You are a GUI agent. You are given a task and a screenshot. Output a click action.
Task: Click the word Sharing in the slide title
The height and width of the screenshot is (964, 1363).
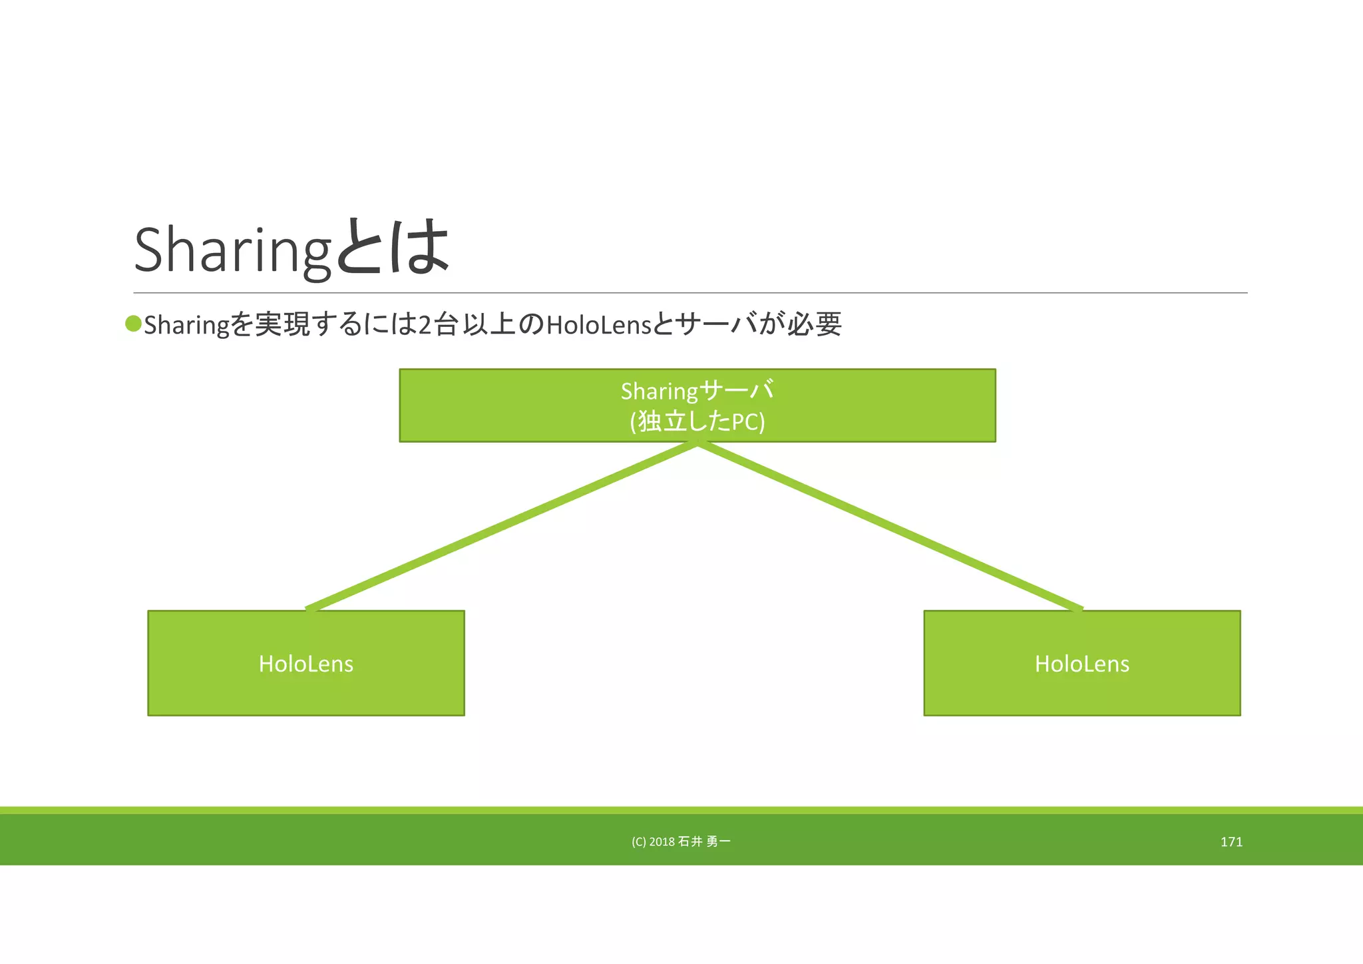(232, 250)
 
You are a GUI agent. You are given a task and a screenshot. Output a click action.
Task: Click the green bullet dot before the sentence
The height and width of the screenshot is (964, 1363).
(133, 324)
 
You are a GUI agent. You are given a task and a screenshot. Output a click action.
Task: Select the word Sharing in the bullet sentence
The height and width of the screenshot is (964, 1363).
(186, 326)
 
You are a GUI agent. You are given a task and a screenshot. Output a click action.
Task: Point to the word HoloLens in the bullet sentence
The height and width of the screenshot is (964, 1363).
(598, 325)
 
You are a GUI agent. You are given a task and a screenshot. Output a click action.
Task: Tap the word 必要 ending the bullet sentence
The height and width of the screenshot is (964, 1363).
(815, 324)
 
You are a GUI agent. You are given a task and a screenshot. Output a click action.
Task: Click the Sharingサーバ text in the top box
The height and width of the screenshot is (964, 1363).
(697, 391)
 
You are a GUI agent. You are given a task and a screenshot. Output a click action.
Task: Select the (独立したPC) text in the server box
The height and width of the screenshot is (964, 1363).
(697, 421)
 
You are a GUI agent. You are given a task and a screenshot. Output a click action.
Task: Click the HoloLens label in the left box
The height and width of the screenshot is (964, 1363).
(305, 664)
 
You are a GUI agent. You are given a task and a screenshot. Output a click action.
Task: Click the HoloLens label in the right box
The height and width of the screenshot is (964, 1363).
(1081, 664)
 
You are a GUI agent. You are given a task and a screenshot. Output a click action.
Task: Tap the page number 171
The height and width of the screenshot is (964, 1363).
(1231, 842)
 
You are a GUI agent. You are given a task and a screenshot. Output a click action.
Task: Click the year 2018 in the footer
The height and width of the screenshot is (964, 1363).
(662, 842)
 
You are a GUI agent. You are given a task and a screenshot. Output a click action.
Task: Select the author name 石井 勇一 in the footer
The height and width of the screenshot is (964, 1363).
(704, 842)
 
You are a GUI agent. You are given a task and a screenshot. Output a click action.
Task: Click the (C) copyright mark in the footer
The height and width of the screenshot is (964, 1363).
(638, 842)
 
